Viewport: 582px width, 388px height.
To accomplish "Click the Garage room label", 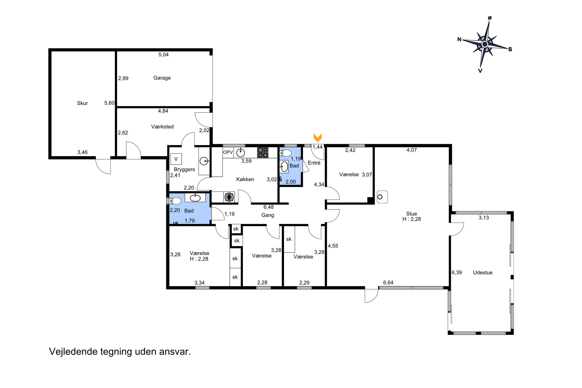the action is point(162,78).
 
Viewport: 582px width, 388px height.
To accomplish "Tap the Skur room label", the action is point(82,103).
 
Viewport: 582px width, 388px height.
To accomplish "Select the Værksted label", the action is point(162,127).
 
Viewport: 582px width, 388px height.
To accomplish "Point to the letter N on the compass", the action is point(459,39).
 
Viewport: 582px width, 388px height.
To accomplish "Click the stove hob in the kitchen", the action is point(263,153).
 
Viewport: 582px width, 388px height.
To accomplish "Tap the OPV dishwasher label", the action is point(228,152).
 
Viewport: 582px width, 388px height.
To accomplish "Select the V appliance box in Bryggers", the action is point(176,159).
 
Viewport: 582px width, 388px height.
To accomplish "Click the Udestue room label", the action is point(483,272).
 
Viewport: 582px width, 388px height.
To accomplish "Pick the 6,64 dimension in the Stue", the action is point(388,282).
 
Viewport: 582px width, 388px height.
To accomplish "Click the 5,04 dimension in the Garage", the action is point(163,55).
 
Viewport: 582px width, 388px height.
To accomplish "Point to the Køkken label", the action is point(245,179).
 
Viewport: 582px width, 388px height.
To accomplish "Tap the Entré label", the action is point(314,163).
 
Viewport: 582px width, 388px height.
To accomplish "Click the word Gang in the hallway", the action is point(268,215).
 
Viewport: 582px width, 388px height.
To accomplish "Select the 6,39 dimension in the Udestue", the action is point(457,272).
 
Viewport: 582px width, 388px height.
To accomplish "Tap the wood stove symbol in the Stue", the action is point(382,197).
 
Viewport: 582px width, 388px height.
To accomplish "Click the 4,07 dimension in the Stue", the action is point(412,150).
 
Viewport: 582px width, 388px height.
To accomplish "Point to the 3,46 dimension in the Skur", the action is point(82,152).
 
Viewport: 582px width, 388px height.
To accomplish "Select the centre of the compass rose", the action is point(485,44).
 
